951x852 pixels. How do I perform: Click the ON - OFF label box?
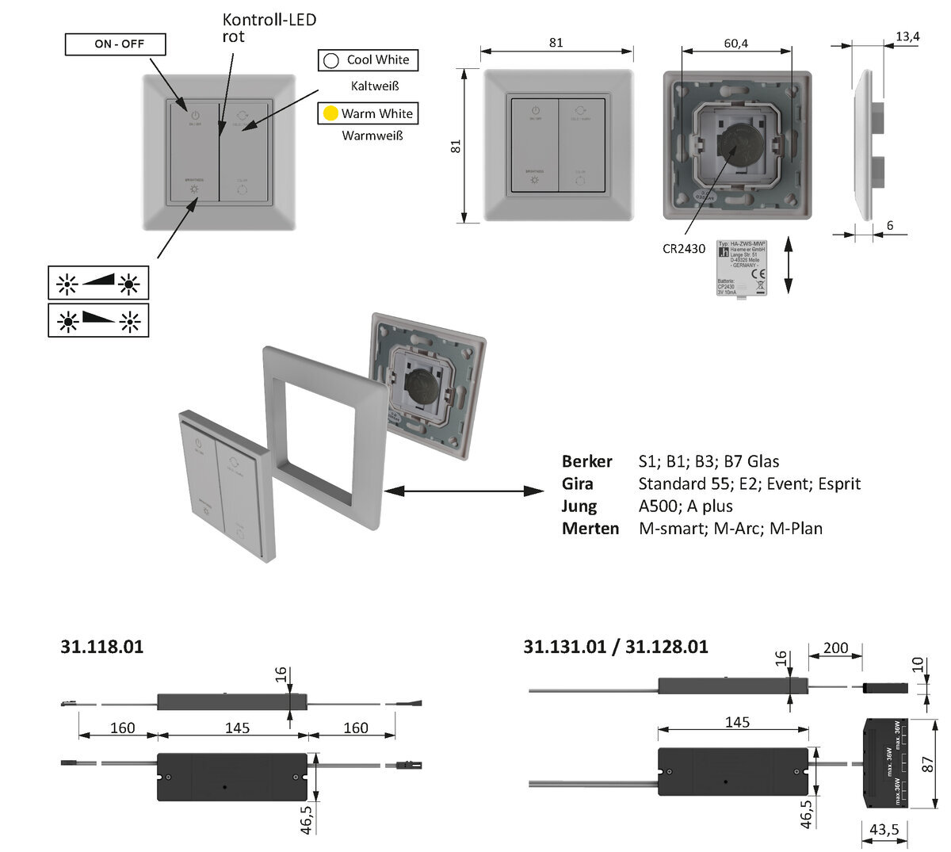coord(115,44)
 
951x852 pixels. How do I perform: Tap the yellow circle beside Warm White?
coord(330,113)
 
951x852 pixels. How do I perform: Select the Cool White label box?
coord(368,60)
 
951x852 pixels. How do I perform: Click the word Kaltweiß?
coord(374,85)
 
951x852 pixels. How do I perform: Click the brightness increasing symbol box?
coord(98,283)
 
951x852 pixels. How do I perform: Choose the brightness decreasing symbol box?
coord(98,320)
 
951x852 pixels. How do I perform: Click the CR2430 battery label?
coord(684,248)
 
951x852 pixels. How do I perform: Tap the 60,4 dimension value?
coord(735,43)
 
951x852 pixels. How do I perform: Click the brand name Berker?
coord(586,461)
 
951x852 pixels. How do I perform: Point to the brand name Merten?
coord(590,528)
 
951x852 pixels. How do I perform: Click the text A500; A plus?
coord(686,506)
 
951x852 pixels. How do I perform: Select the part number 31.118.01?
coord(101,646)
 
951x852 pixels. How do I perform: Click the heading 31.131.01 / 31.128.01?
coord(615,647)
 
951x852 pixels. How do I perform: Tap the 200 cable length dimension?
coord(835,648)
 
